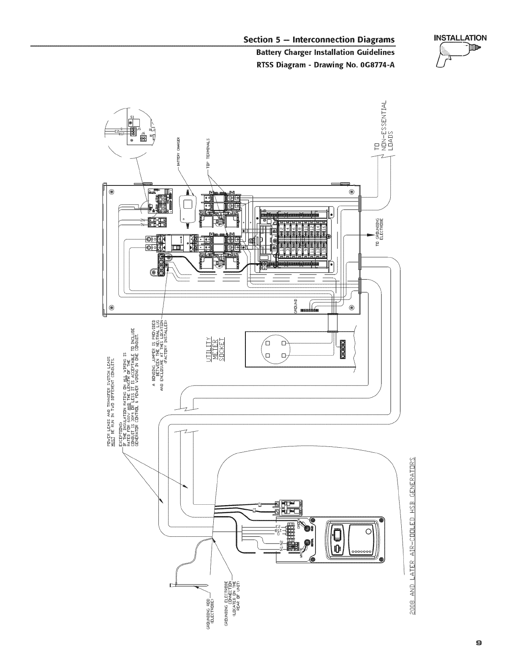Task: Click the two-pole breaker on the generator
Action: pos(288,507)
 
